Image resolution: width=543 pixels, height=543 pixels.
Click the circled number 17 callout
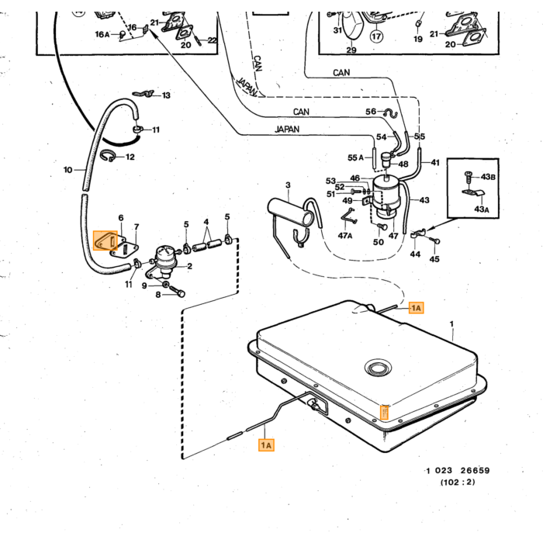tap(377, 36)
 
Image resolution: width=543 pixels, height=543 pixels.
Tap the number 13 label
tap(166, 95)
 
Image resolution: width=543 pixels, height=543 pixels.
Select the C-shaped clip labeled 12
tap(107, 156)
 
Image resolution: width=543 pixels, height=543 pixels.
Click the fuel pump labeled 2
tap(164, 261)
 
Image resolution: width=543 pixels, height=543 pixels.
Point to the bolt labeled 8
tap(177, 291)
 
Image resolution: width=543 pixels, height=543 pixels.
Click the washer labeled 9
tap(165, 285)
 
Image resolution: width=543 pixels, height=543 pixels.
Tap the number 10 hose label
tap(68, 170)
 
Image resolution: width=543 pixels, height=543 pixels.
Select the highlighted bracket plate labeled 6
tap(105, 240)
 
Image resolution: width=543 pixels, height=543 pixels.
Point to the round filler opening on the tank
tap(378, 368)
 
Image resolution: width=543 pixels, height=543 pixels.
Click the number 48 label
tap(403, 164)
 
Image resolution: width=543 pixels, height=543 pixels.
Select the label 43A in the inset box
tap(482, 209)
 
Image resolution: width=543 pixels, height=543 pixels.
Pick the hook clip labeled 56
tap(391, 113)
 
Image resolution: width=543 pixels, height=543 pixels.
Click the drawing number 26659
tap(475, 470)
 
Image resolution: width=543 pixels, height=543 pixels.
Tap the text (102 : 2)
tap(458, 482)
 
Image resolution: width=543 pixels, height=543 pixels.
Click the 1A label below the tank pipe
tap(266, 445)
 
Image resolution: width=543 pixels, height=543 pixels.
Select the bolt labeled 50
tap(382, 227)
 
